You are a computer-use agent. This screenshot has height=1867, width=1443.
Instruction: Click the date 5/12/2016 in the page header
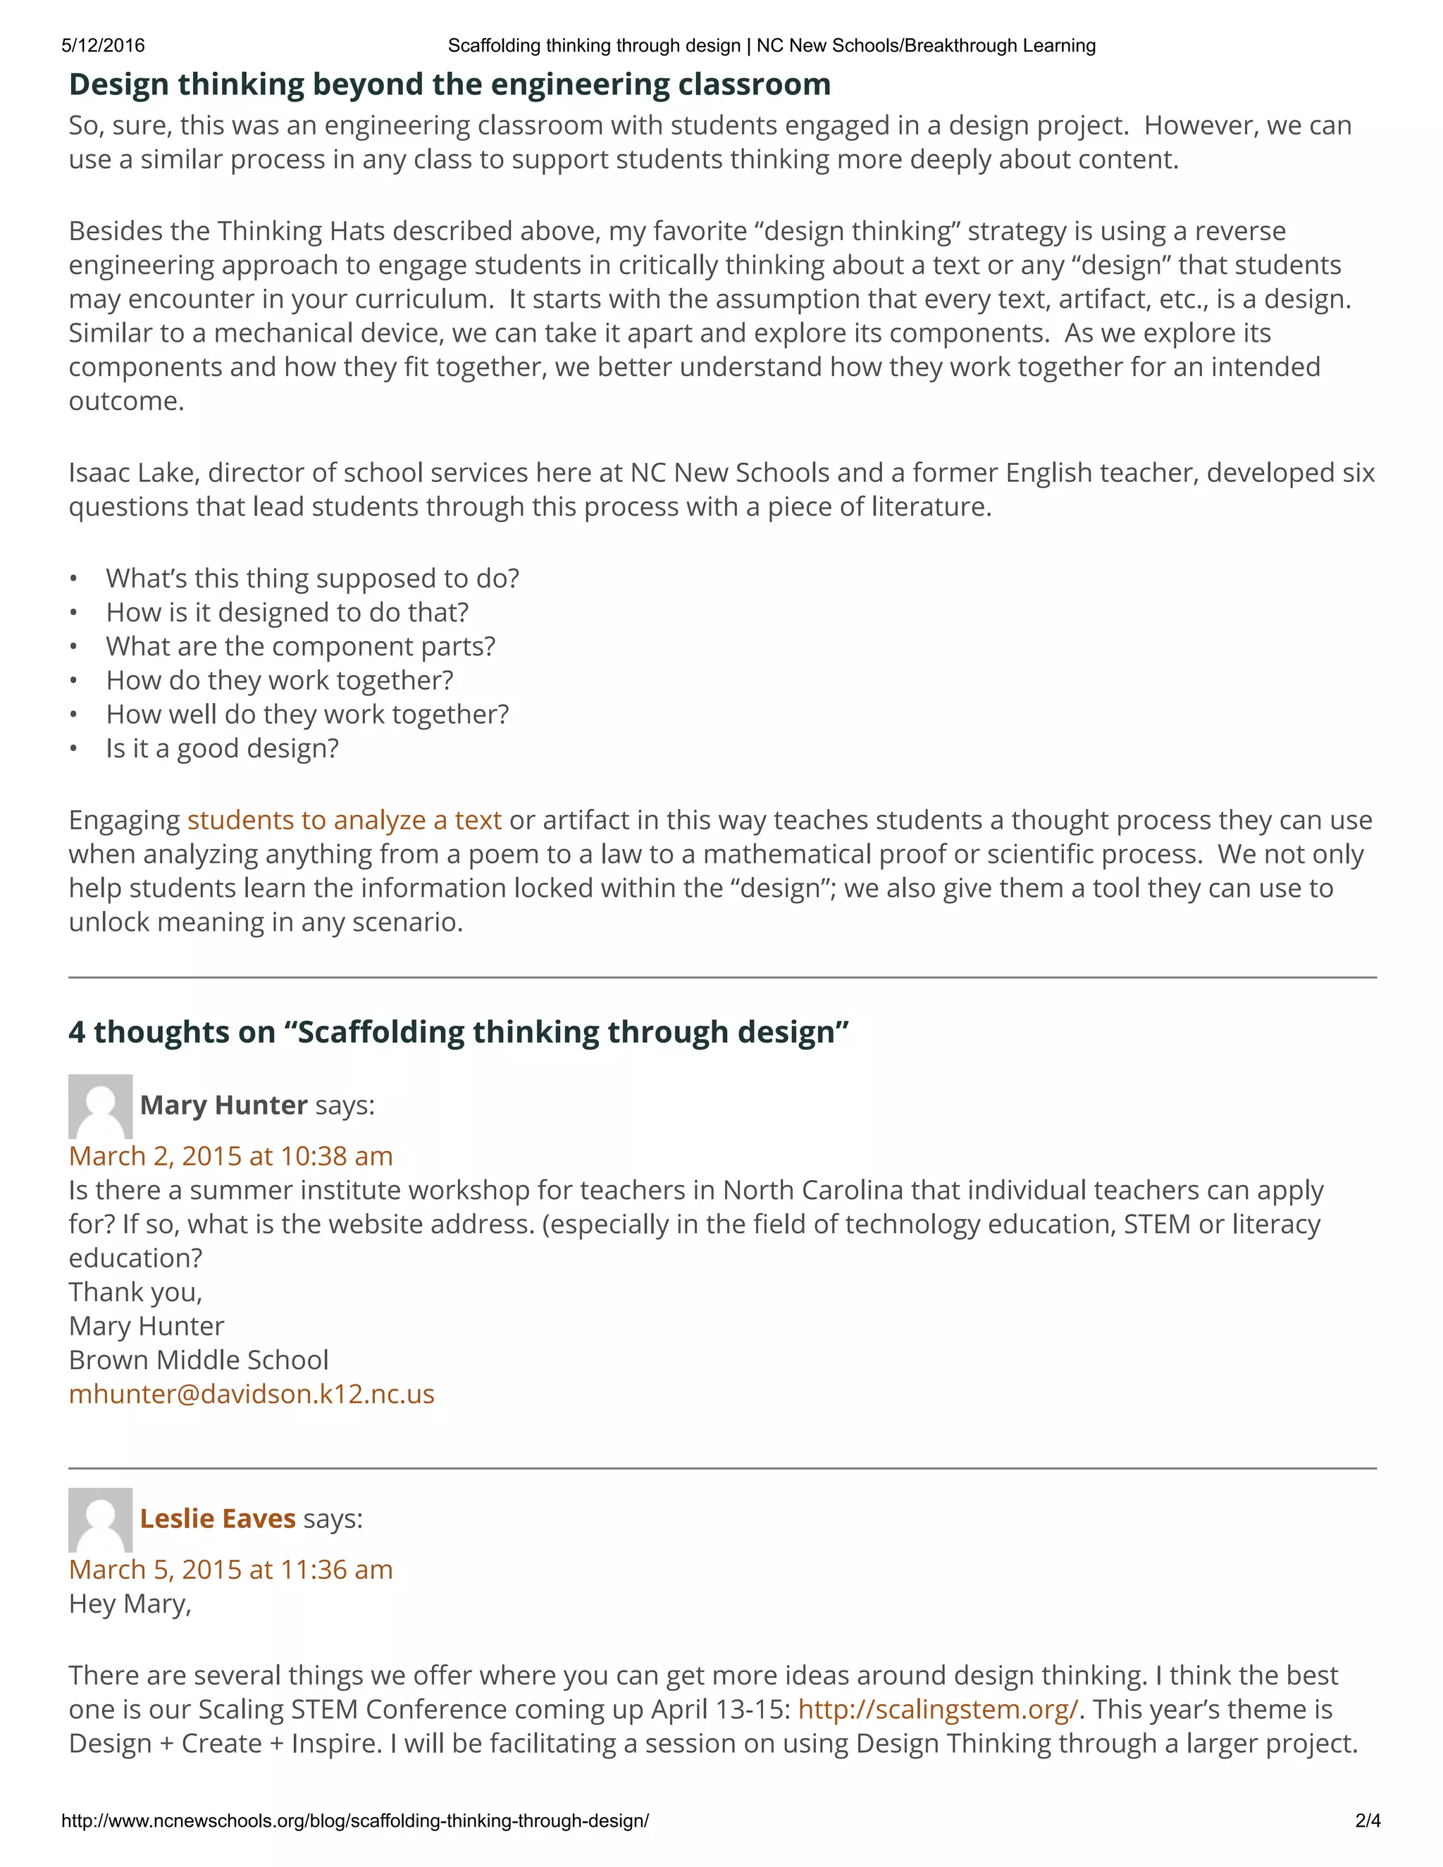[x=103, y=45]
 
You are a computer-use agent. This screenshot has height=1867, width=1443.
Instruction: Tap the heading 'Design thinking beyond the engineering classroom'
[x=450, y=85]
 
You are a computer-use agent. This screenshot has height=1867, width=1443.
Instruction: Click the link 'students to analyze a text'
[x=344, y=820]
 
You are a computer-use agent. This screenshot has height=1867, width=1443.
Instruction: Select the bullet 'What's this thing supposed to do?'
[x=312, y=578]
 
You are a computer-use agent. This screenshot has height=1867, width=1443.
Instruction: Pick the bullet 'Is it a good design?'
[x=222, y=749]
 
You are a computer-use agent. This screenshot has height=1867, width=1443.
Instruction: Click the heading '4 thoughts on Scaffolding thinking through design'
[x=458, y=1032]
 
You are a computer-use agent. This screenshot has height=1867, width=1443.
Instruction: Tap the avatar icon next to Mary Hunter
[x=100, y=1106]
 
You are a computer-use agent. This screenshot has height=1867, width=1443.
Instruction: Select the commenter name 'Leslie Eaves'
[x=217, y=1519]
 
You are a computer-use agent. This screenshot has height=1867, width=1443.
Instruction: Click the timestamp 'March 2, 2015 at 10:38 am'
[x=231, y=1157]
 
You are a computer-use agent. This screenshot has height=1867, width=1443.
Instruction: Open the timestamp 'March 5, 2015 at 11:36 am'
[x=231, y=1570]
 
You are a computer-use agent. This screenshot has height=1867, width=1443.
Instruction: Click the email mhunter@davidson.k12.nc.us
[x=252, y=1394]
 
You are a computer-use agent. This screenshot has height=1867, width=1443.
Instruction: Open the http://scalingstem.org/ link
[x=938, y=1710]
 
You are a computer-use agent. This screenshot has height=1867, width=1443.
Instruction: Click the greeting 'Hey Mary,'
[x=130, y=1604]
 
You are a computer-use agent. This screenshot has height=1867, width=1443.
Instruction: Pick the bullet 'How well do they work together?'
[x=307, y=714]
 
